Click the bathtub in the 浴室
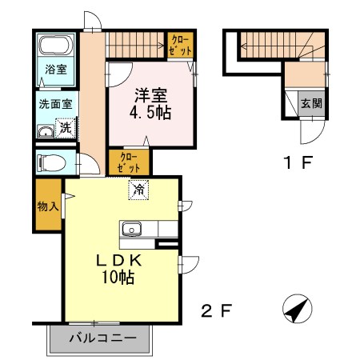coord(56,45)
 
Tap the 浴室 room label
coord(55,70)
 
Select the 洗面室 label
coord(55,104)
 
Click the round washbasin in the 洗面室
coord(46,131)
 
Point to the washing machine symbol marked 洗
coord(66,128)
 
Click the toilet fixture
coord(52,162)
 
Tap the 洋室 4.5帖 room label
coord(150,104)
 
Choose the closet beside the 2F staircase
coord(180,45)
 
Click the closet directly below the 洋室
coord(129,162)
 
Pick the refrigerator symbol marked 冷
coord(138,190)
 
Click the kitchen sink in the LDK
coord(132,230)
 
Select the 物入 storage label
coord(48,206)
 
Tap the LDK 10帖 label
coord(118,269)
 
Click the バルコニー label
coord(103,338)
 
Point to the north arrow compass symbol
coord(298,309)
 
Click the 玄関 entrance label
coord(311,104)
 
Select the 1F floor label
coord(298,162)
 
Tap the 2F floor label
coord(217,310)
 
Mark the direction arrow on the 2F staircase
coord(136,46)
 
